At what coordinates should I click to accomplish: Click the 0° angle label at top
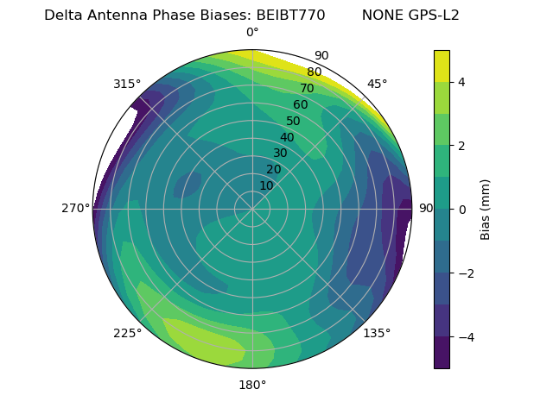(252, 33)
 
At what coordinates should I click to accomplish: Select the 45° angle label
(378, 84)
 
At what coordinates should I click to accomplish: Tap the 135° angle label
(377, 334)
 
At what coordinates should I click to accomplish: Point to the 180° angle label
(252, 385)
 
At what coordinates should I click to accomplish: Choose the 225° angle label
(127, 334)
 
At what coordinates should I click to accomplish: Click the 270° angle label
(76, 209)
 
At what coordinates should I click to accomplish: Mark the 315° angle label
(127, 84)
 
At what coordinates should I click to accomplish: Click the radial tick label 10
(266, 185)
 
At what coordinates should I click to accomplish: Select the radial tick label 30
(280, 154)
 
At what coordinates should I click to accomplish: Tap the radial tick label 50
(293, 122)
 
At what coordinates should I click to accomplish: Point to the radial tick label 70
(307, 89)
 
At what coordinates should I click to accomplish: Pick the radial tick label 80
(314, 72)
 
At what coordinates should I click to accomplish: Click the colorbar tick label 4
(462, 82)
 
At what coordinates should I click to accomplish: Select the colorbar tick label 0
(462, 209)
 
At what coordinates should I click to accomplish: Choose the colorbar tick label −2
(464, 273)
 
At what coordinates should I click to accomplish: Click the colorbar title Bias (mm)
(486, 209)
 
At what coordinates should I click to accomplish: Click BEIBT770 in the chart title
(291, 15)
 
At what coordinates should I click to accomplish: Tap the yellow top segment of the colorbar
(442, 66)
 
